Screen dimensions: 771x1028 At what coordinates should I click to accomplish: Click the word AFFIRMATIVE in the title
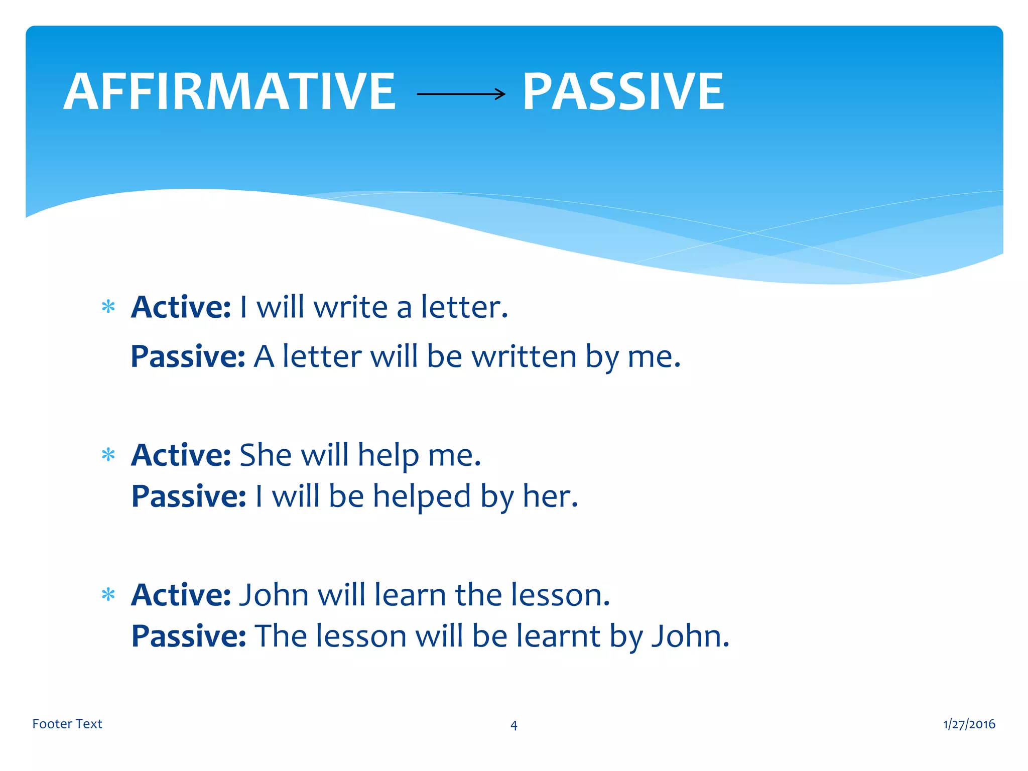coord(230,92)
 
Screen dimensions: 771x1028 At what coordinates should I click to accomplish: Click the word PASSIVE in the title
coord(623,92)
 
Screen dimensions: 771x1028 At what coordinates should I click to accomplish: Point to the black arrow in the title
coord(461,94)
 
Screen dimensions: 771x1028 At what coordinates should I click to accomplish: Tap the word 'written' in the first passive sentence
coord(524,357)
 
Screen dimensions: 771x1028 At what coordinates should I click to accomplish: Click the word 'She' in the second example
coord(266,455)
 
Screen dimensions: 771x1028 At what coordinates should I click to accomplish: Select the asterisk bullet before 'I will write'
coord(108,307)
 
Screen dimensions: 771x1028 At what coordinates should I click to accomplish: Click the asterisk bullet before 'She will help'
coord(108,455)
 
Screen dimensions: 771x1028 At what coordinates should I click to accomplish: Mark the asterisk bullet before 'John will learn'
coord(108,595)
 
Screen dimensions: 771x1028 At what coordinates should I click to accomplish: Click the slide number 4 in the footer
coord(513,725)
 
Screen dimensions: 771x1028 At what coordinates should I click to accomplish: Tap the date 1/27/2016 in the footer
coord(969,724)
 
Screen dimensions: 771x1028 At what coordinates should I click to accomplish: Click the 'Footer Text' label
coord(67,724)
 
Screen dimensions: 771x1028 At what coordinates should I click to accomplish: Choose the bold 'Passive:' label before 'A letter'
coord(188,357)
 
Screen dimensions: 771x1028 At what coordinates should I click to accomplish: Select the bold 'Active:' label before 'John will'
coord(181,595)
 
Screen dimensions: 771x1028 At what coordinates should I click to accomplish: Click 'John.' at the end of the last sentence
coord(690,636)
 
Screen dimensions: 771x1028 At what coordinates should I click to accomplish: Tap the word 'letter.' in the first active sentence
coord(464,307)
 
